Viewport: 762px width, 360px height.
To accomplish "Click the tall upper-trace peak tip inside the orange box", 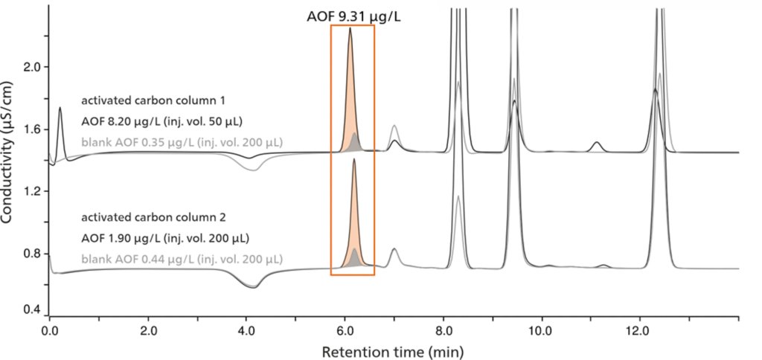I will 350,29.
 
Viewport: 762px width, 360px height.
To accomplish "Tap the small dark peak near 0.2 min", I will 60,109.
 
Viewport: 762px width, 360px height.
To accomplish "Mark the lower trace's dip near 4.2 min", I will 254,287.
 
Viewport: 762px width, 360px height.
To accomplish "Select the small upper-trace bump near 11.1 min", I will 596,143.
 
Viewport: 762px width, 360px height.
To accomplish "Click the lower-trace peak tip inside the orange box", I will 354,159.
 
